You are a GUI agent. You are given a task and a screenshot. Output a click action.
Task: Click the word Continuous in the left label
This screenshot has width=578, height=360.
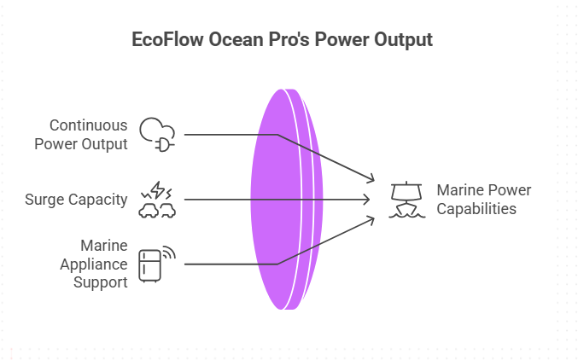pos(88,125)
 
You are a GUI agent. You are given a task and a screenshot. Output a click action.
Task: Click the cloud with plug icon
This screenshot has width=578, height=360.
pos(158,133)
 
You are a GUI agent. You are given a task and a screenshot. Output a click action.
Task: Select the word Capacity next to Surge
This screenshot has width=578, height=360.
pos(100,200)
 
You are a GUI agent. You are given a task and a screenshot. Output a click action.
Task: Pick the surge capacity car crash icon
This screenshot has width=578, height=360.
pos(158,200)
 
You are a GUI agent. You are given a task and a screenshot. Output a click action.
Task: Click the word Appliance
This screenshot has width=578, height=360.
pos(95,263)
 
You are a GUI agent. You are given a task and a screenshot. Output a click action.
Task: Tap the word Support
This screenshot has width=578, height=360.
pos(99,282)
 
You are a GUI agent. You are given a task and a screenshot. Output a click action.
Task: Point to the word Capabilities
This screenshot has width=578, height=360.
pos(476,209)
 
